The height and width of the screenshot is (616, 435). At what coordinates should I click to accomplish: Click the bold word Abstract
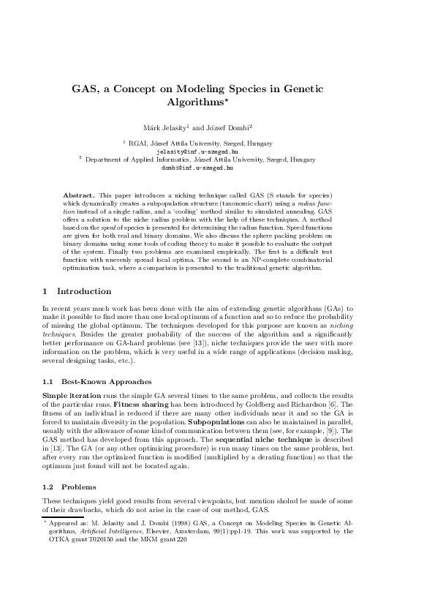79,197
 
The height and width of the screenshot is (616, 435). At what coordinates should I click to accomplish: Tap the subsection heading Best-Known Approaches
106,381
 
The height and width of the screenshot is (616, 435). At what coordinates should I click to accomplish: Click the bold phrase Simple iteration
70,394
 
